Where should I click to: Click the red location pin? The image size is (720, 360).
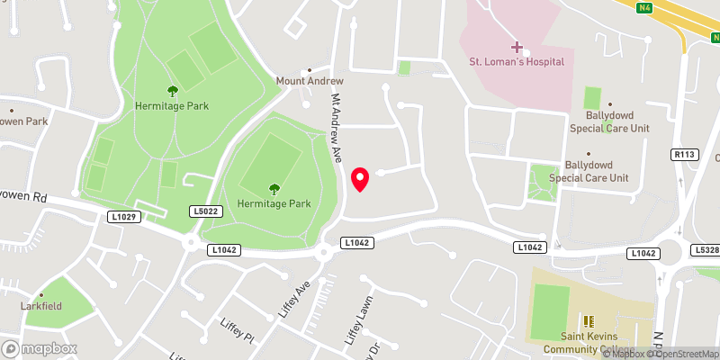360,179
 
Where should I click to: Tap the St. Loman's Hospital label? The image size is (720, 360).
517,62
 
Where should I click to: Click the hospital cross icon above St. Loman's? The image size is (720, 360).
517,45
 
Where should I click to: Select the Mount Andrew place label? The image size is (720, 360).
310,81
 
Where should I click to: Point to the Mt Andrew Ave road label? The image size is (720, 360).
337,128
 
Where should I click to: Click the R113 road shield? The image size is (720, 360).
686,155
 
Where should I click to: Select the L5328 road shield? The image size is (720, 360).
706,249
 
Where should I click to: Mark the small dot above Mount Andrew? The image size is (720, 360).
310,68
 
